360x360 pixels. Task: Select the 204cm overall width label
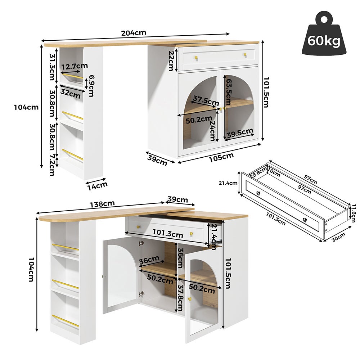coord(134,33)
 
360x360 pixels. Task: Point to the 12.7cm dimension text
coord(75,66)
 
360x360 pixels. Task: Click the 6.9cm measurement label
coord(91,86)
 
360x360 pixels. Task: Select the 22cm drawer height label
coord(171,60)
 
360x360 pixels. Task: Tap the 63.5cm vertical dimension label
coord(228,92)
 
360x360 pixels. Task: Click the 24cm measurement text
coord(213,130)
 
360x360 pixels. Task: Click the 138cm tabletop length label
coord(102,204)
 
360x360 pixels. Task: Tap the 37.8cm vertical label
coord(179,298)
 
